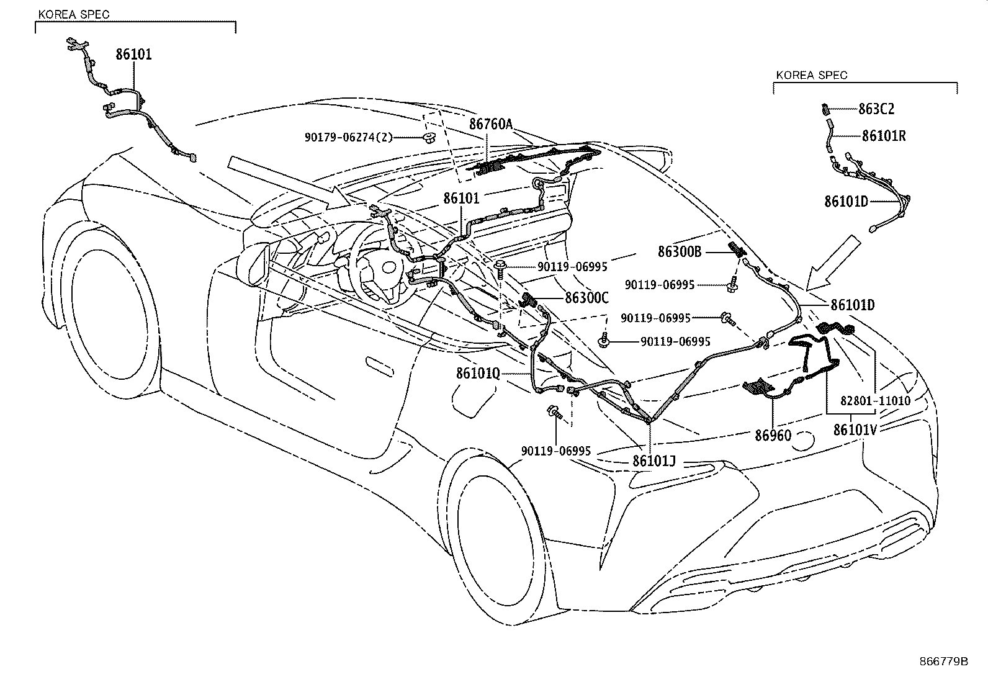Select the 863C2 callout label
876,109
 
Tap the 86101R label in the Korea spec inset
883,136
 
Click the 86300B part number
680,251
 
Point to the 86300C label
586,298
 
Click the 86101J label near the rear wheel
653,461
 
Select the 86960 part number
773,435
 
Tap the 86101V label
855,429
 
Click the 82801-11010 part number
876,401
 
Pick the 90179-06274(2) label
349,137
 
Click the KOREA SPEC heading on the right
811,75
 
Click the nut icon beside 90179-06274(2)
428,137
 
